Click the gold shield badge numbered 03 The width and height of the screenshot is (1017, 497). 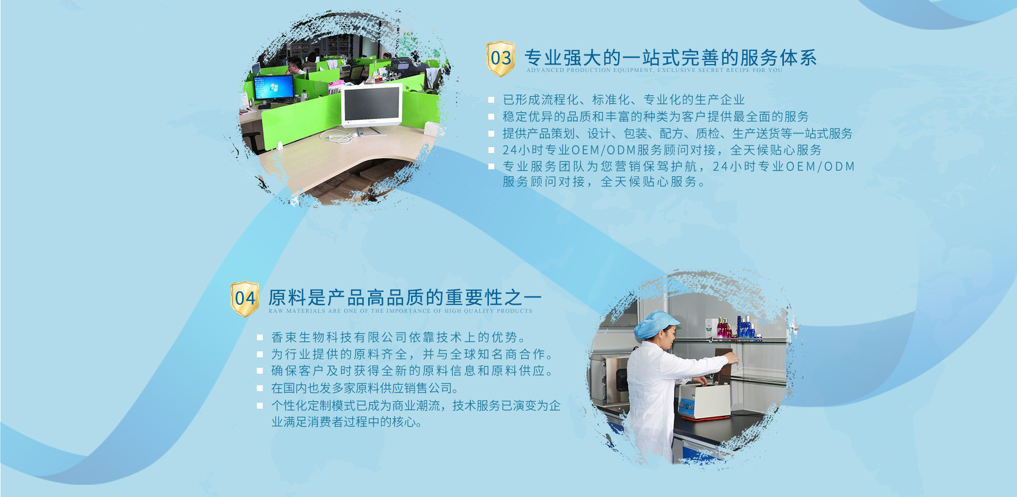pos(500,58)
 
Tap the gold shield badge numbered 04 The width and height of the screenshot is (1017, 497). pos(245,299)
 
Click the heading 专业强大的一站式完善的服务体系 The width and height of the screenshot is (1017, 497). pos(671,58)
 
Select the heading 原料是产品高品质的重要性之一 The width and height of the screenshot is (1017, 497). pos(405,297)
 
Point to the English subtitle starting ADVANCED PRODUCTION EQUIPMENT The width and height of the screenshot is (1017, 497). pos(654,70)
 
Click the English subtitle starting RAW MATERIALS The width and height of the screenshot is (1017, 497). pos(400,311)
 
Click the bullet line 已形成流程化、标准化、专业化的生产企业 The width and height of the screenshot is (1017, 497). pos(623,100)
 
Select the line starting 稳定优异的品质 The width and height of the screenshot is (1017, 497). pos(656,116)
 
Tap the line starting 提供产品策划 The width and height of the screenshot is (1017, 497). pos(677,133)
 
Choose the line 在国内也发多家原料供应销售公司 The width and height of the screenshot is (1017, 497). pos(364,388)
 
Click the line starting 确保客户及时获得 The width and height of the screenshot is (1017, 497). pos(412,371)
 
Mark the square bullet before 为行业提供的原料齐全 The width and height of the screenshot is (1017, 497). pos(260,354)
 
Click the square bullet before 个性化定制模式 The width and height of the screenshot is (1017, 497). pos(260,406)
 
